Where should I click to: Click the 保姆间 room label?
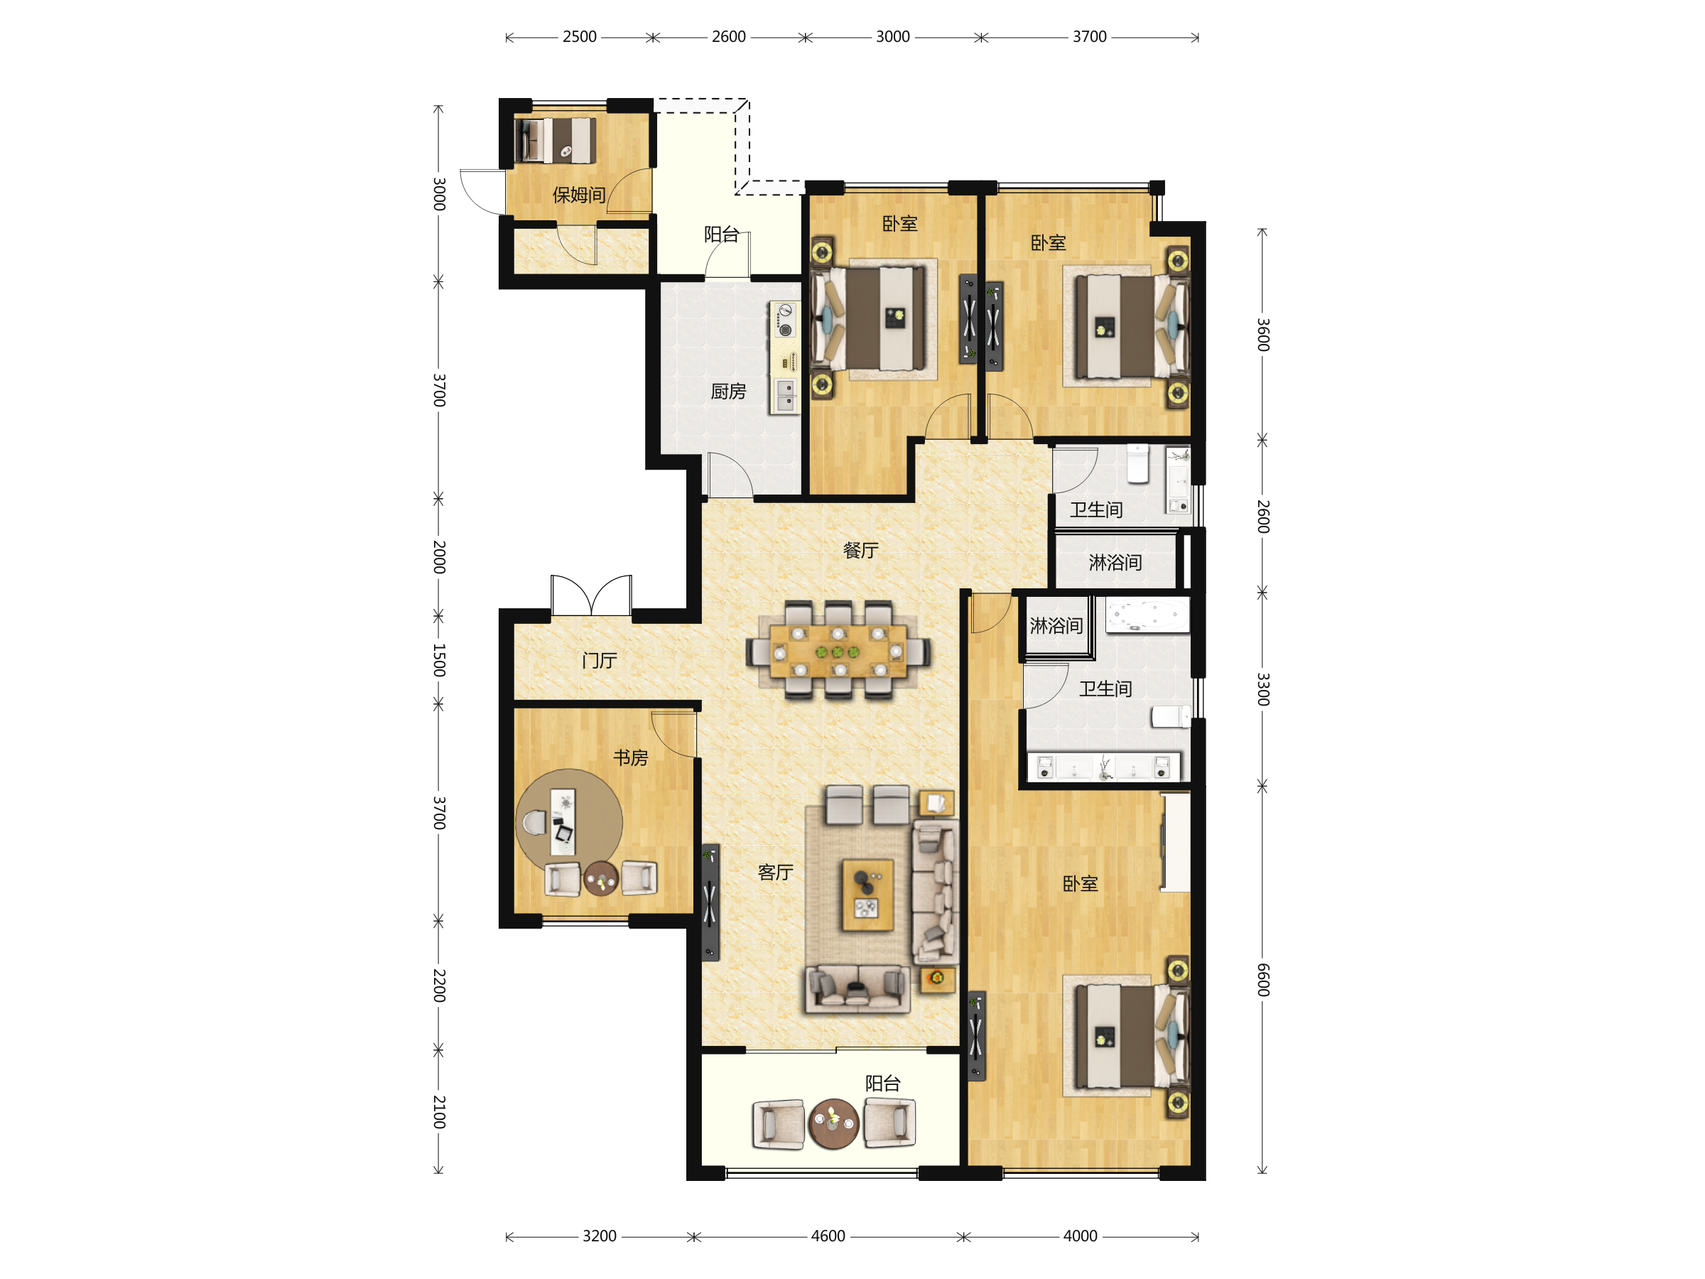click(x=579, y=195)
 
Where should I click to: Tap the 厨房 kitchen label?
click(x=728, y=392)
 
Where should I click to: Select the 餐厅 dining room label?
click(x=861, y=551)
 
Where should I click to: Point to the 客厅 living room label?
click(x=776, y=873)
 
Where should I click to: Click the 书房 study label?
click(x=631, y=758)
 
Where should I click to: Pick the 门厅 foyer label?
click(x=600, y=661)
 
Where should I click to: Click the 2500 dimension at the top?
click(x=580, y=37)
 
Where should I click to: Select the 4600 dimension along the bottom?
click(x=828, y=1236)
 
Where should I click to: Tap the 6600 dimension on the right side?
click(x=1263, y=980)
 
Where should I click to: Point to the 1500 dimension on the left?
click(x=439, y=661)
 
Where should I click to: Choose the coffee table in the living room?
click(x=867, y=896)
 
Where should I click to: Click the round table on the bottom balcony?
click(x=833, y=1123)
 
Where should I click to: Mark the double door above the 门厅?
click(x=591, y=595)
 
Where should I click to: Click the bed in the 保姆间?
click(x=556, y=140)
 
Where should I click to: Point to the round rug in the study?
click(x=570, y=820)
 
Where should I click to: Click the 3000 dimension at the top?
click(x=892, y=37)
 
